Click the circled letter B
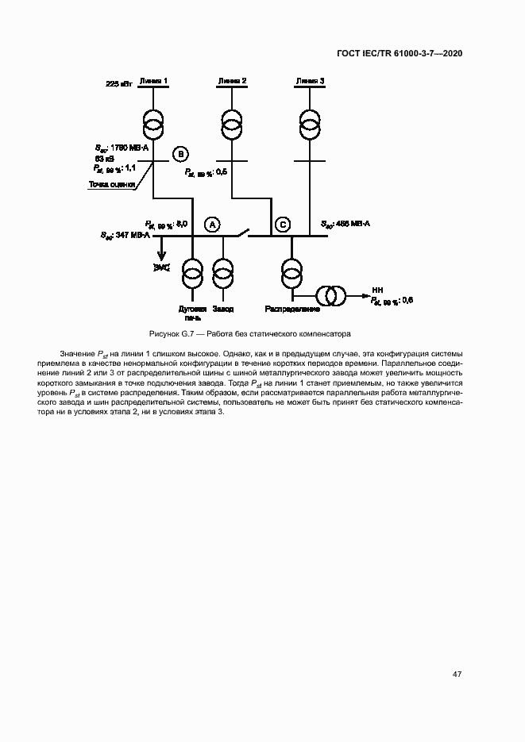tap(180, 153)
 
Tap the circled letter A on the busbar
tap(212, 225)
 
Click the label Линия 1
tap(152, 81)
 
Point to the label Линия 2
tap(231, 81)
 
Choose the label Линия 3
tap(309, 81)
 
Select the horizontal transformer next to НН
tap(330, 295)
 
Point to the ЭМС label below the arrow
tap(162, 267)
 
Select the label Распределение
tap(292, 309)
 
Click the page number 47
tap(457, 674)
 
